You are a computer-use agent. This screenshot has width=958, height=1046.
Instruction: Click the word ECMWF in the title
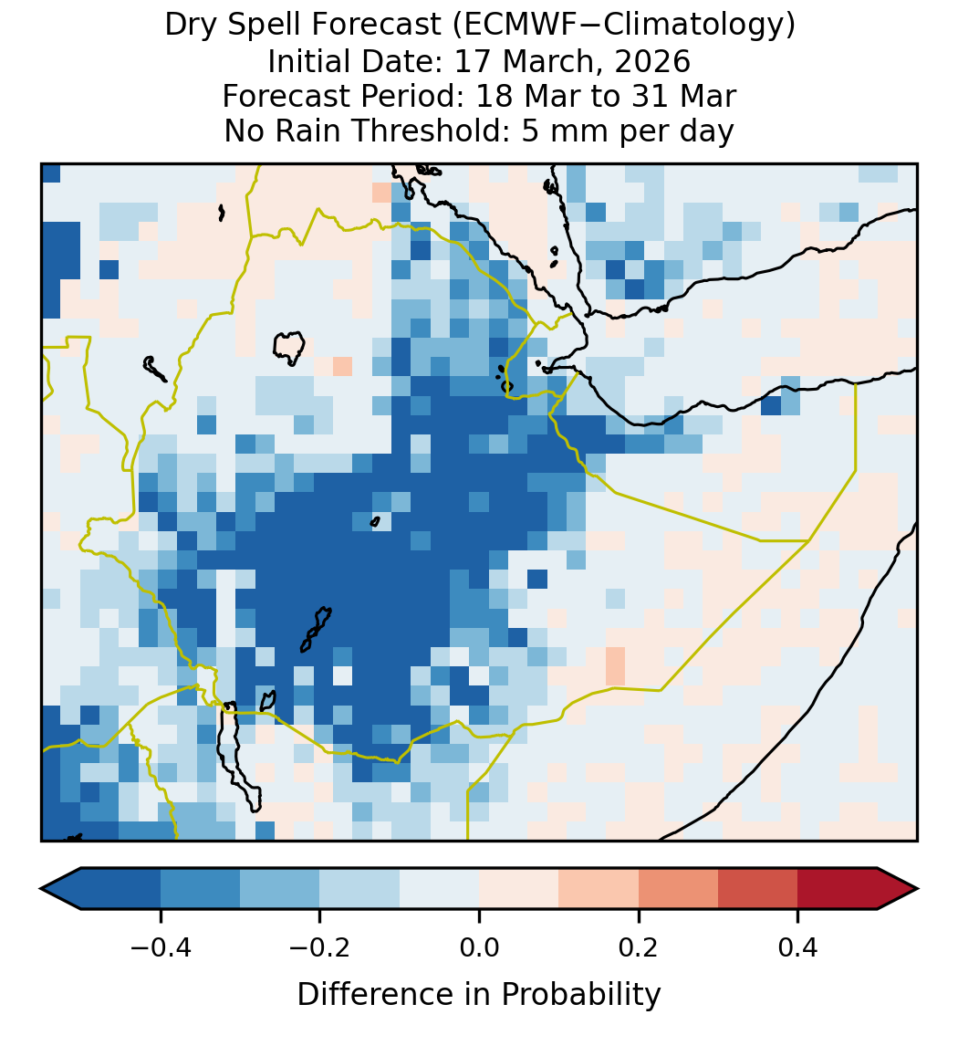[513, 26]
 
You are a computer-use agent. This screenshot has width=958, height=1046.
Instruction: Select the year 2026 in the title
[652, 61]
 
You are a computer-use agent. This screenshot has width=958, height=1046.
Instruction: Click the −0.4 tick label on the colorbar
[161, 947]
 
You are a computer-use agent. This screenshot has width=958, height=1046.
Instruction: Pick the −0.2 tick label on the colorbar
[319, 947]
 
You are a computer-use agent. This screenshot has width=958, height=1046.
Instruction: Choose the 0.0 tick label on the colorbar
[479, 947]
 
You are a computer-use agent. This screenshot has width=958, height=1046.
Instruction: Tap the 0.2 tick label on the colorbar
[639, 947]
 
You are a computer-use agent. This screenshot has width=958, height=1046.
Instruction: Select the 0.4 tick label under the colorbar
[798, 947]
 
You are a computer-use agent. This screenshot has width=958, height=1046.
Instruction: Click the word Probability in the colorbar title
[580, 995]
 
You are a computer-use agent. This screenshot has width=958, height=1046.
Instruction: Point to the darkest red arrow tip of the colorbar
[898, 889]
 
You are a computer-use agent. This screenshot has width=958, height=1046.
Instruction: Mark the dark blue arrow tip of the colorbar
[61, 889]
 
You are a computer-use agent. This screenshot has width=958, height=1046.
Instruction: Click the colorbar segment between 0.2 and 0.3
[678, 889]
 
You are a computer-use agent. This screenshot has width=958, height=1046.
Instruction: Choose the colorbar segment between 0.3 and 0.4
[758, 889]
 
